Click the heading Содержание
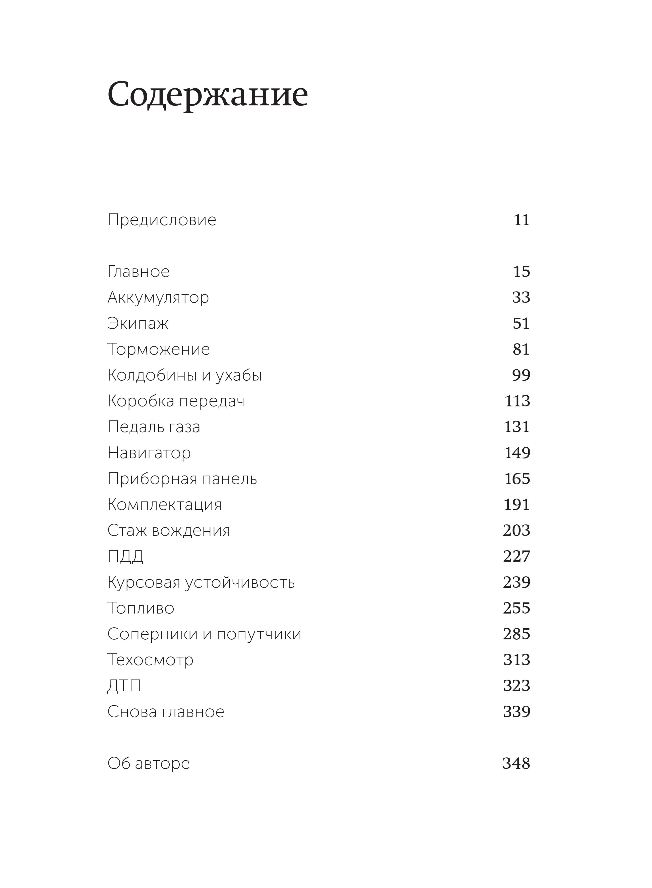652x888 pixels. [x=208, y=95]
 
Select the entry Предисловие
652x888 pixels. [x=162, y=220]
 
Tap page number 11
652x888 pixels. [x=521, y=220]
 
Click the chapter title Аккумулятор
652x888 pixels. [x=158, y=297]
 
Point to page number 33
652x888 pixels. [x=521, y=297]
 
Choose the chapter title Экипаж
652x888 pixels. [x=138, y=323]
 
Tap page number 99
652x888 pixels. [x=521, y=375]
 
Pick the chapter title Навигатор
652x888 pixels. [x=149, y=453]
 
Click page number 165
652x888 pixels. [x=517, y=479]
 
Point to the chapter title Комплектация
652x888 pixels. [x=165, y=505]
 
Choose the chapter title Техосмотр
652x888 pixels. [x=150, y=660]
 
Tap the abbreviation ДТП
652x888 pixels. [x=124, y=686]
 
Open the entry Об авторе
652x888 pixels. [x=148, y=764]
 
